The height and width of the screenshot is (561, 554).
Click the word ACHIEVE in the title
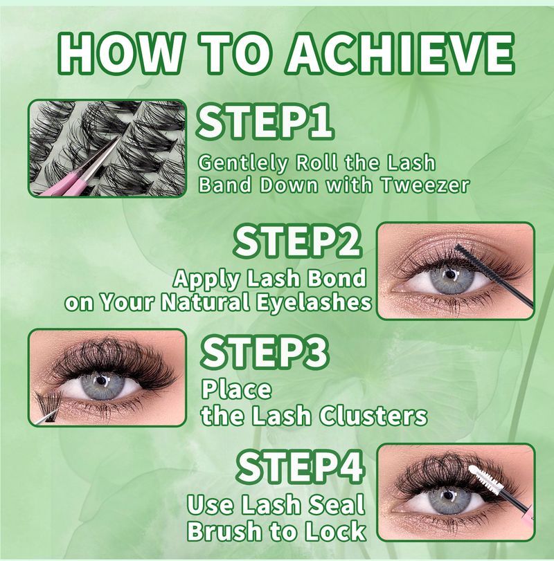pyautogui.click(x=400, y=54)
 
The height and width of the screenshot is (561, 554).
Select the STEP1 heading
pyautogui.click(x=265, y=122)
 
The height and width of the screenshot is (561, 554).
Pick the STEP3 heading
pyautogui.click(x=265, y=352)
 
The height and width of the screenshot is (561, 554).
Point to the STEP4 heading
pyautogui.click(x=300, y=466)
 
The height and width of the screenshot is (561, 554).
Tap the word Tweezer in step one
pyautogui.click(x=425, y=185)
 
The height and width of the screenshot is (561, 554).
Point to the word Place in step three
pyautogui.click(x=236, y=389)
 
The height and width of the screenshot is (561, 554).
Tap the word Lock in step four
pyautogui.click(x=336, y=531)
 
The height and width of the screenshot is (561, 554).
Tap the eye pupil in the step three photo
pyautogui.click(x=102, y=380)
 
